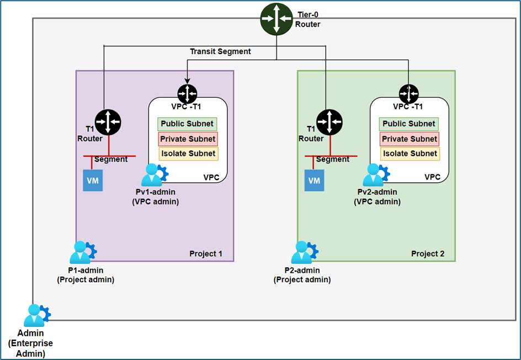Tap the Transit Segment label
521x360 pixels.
pos(220,51)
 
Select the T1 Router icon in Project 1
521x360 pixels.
pos(108,122)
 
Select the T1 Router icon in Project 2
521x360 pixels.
pos(329,122)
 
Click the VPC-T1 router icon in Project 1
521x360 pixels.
pos(188,92)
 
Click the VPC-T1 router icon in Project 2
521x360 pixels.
pos(409,92)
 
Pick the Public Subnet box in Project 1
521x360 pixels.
pos(187,124)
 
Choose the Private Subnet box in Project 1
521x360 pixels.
pos(188,139)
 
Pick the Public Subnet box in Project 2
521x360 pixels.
pos(409,124)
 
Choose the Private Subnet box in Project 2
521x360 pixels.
pos(410,139)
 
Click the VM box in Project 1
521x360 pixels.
pos(93,181)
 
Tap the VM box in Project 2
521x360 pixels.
pos(314,181)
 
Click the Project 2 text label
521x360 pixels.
pos(427,255)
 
